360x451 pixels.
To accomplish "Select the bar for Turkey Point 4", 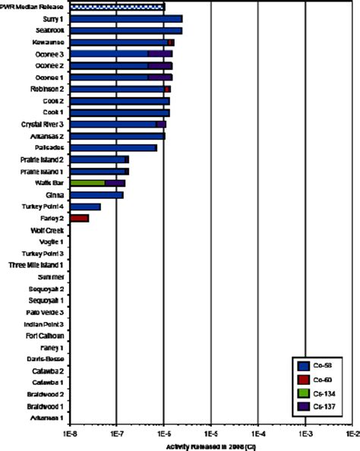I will click(x=84, y=207).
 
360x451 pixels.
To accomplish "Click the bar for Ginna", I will click(x=96, y=195).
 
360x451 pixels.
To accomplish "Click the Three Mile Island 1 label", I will click(x=35, y=265).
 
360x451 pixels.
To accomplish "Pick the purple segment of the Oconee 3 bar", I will click(x=159, y=54).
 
